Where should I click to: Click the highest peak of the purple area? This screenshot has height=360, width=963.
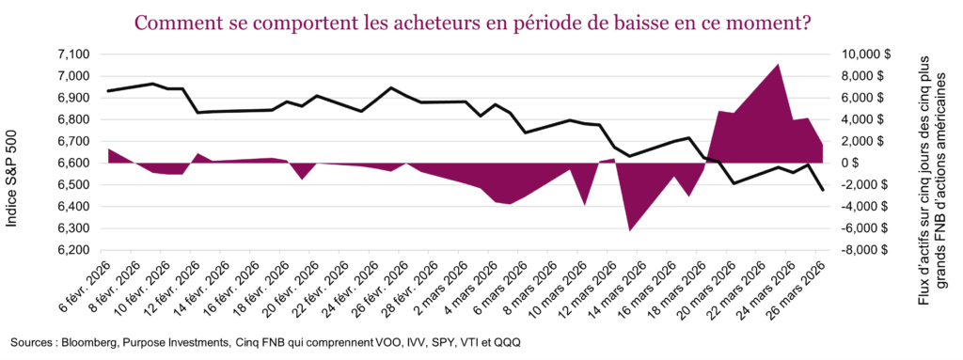click(777, 65)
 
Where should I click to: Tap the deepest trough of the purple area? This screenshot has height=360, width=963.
click(630, 229)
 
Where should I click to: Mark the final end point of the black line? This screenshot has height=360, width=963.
click(824, 191)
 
